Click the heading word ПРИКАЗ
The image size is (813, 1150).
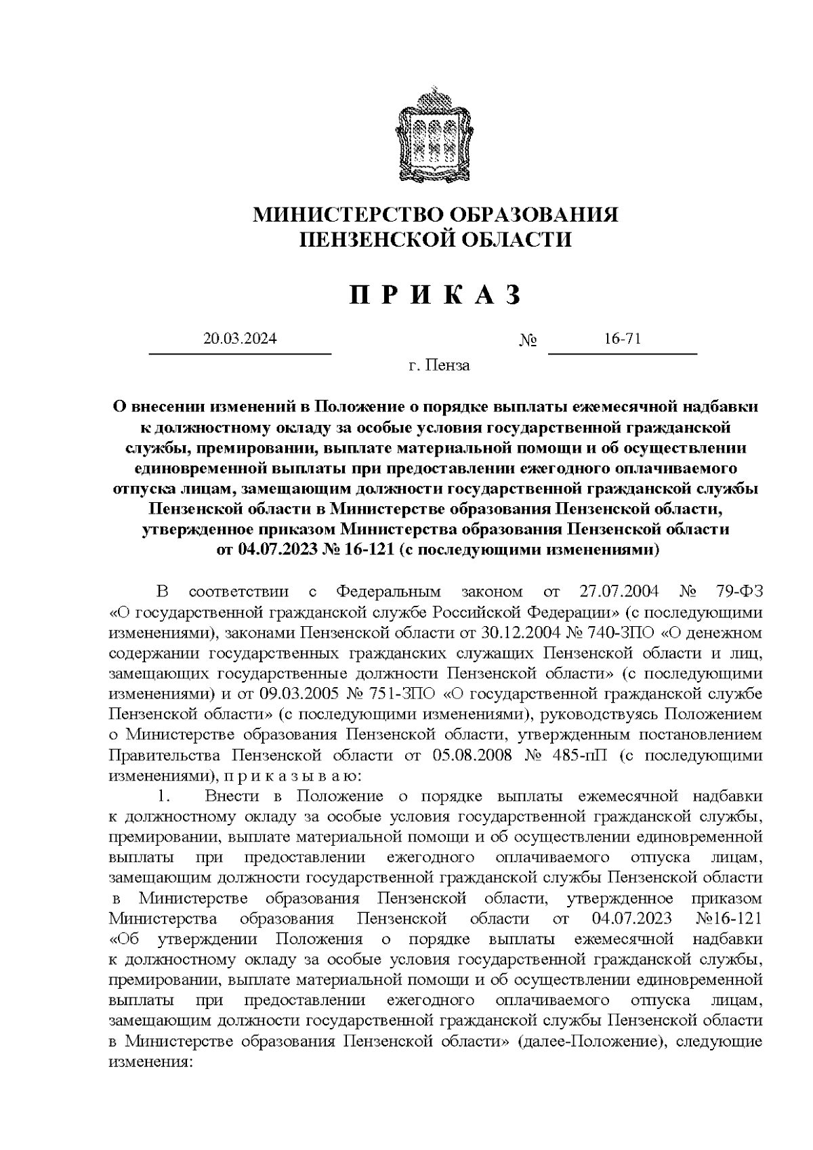coord(436,296)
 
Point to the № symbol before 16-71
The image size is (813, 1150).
coord(528,341)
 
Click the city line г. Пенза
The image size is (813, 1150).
coord(438,367)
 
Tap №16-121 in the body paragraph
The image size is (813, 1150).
coord(728,918)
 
